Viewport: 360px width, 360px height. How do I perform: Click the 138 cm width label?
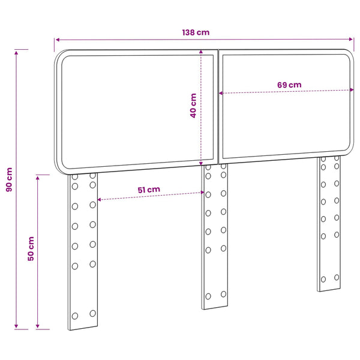tap(196, 32)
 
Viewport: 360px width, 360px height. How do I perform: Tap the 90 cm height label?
tap(9, 179)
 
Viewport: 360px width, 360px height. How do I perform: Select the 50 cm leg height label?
tap(31, 248)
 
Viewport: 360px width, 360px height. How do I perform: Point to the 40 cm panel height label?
tap(193, 106)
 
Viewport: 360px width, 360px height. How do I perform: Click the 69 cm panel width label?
tap(289, 85)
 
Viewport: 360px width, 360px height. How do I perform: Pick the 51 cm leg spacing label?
tap(149, 190)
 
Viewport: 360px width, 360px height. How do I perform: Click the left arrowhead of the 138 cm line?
tap(58, 40)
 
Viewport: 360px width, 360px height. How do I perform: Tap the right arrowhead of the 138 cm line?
tap(351, 39)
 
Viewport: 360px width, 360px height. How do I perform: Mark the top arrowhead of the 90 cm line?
tap(16, 53)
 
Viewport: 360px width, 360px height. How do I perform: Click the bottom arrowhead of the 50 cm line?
tap(38, 326)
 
